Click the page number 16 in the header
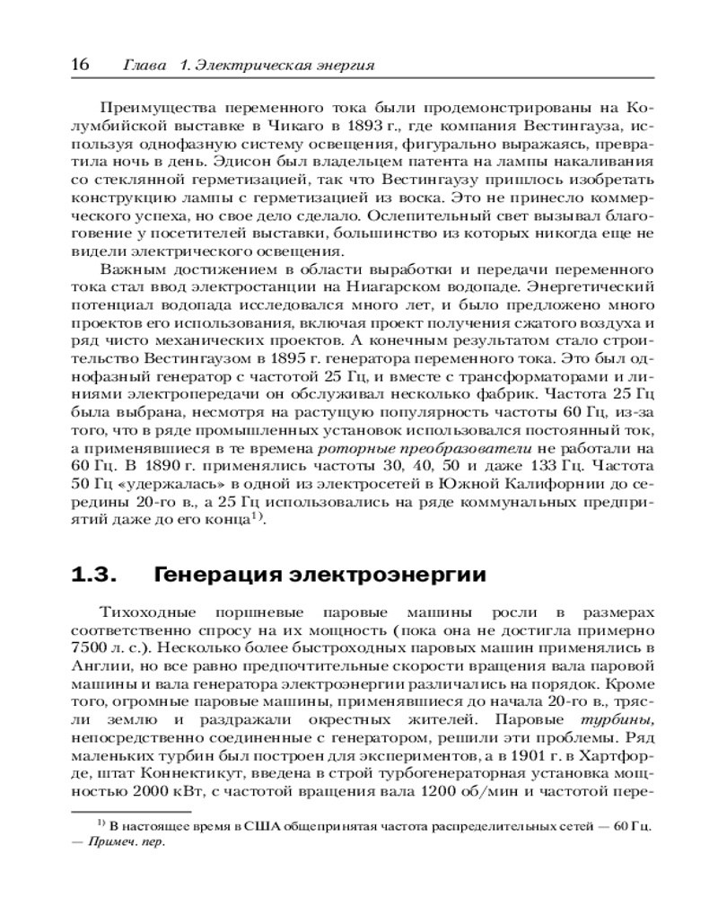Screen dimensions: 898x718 point(79,64)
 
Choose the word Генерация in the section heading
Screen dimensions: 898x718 point(211,573)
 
